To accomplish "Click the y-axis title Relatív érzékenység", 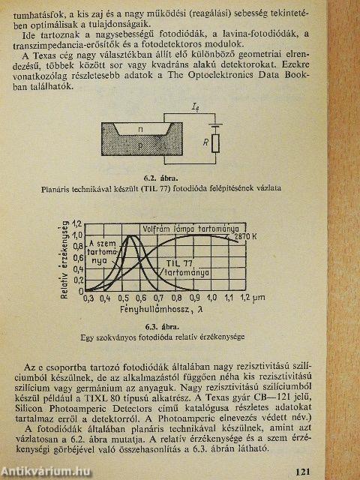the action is pyautogui.click(x=66, y=255).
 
